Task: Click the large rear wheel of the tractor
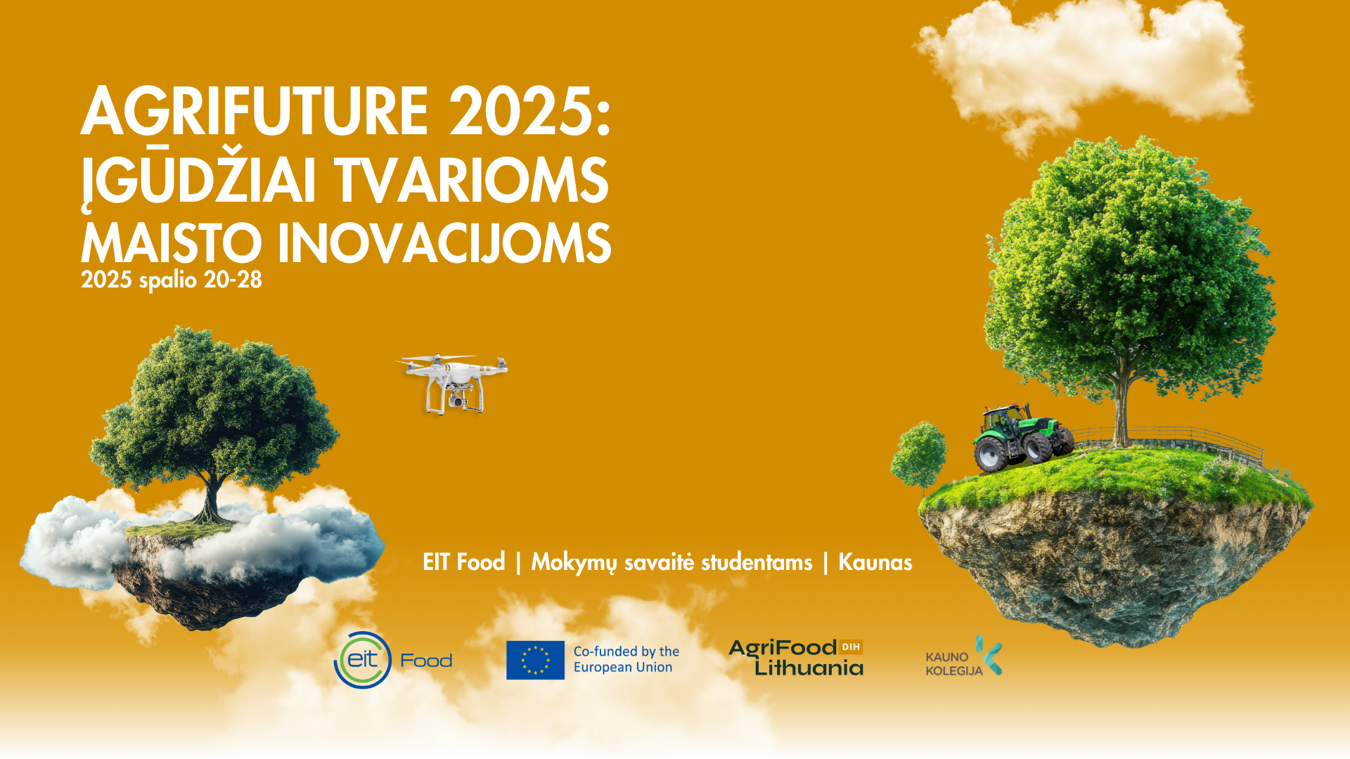(x=991, y=454)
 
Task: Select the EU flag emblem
(x=535, y=660)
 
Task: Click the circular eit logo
(x=363, y=660)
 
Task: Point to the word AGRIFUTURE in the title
(x=255, y=112)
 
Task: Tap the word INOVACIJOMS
(x=444, y=243)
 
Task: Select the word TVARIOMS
(x=471, y=181)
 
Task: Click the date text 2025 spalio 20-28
(x=172, y=280)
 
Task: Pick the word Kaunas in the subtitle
(x=875, y=562)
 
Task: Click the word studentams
(x=757, y=562)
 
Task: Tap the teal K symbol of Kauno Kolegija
(x=989, y=655)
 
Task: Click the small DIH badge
(x=851, y=647)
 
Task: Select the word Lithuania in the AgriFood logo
(x=809, y=668)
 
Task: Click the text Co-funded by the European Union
(x=626, y=659)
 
